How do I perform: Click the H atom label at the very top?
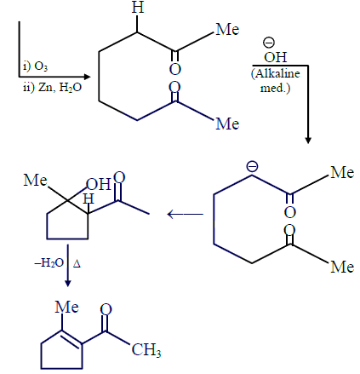(138, 7)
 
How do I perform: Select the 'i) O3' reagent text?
(35, 66)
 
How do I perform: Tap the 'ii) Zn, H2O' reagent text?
(52, 88)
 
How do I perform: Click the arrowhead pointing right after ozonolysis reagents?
(87, 77)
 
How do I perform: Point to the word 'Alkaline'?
(276, 74)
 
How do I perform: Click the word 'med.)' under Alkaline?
(276, 88)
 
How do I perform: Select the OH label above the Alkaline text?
(276, 57)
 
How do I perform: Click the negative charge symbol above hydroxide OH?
(269, 43)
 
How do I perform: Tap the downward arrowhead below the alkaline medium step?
(308, 141)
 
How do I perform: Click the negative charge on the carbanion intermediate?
(252, 166)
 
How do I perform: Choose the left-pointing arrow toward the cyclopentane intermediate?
(186, 214)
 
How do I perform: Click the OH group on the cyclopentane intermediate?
(98, 185)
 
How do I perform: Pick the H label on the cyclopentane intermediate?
(89, 199)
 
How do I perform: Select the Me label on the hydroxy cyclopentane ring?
(35, 180)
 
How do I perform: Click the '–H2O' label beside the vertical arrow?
(49, 263)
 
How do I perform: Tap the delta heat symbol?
(77, 264)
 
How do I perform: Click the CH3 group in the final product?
(146, 350)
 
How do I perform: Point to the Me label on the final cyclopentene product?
(66, 308)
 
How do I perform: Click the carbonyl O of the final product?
(106, 309)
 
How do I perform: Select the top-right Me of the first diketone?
(227, 30)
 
